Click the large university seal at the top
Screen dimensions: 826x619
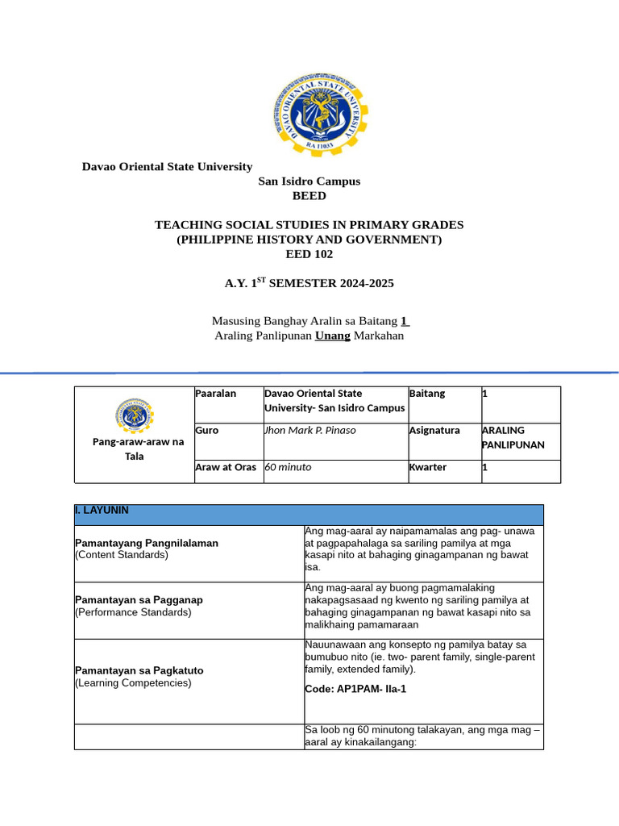coord(309,112)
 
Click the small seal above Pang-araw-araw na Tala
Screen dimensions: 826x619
coord(135,415)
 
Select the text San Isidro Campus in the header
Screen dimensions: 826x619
coord(309,181)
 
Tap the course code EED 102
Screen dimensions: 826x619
coord(309,254)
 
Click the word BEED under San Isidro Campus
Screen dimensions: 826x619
coord(309,196)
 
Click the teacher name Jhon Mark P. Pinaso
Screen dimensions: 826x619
coord(310,431)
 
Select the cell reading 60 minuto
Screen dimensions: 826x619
coord(288,468)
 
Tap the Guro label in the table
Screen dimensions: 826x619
coord(206,431)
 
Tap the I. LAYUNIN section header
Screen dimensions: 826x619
coord(101,511)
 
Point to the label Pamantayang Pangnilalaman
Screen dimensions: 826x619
coord(147,544)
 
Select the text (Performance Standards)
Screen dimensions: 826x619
coord(133,612)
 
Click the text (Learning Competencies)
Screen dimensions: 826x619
coord(133,683)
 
